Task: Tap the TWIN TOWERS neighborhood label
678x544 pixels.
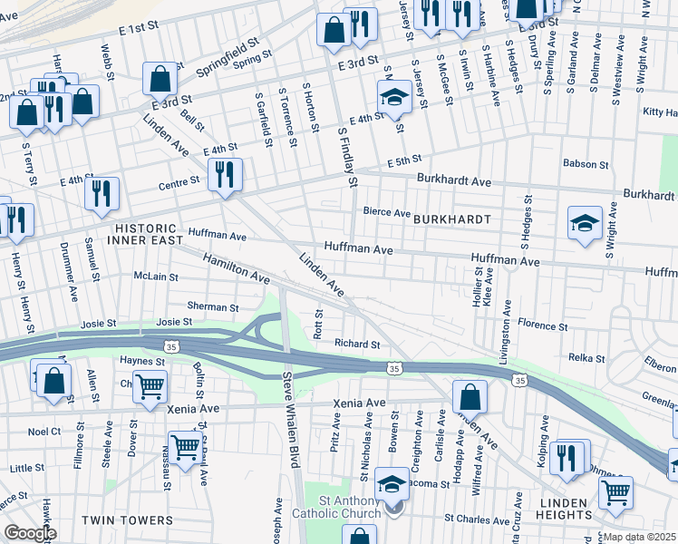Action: tap(127, 520)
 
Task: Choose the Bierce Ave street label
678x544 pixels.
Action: tap(387, 212)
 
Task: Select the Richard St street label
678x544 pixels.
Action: tap(356, 344)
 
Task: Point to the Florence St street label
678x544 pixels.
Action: tap(542, 324)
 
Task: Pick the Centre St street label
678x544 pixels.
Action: tap(179, 183)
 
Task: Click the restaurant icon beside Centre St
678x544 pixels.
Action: tap(224, 173)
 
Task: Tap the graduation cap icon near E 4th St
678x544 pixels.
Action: tap(394, 98)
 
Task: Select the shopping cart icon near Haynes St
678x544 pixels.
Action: tap(150, 385)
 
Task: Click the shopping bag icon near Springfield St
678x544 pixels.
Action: tap(160, 79)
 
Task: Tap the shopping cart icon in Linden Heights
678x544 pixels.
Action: tap(615, 491)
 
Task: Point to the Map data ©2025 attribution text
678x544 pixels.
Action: tap(640, 537)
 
